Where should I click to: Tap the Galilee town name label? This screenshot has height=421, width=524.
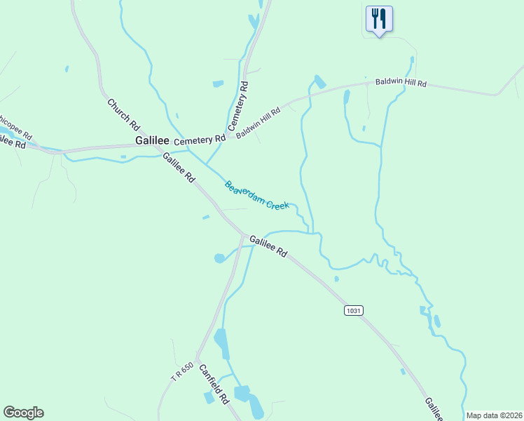(x=152, y=140)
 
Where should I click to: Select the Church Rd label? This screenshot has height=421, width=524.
(x=123, y=114)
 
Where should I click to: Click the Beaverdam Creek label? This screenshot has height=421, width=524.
(x=256, y=196)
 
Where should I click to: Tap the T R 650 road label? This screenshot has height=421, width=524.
(x=181, y=372)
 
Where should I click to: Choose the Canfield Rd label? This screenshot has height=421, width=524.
(x=214, y=383)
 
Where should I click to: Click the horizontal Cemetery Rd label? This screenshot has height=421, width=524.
(x=200, y=140)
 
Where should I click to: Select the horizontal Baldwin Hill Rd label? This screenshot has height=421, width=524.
(x=401, y=83)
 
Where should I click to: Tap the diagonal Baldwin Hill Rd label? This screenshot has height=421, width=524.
(x=258, y=122)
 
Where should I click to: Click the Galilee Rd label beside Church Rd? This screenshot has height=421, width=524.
(x=179, y=168)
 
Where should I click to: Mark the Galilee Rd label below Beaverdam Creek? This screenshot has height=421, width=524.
(x=268, y=246)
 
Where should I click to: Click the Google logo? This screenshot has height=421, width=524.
(x=24, y=413)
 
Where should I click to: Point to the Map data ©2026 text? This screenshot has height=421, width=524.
(x=494, y=415)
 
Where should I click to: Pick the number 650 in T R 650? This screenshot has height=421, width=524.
(x=186, y=368)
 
